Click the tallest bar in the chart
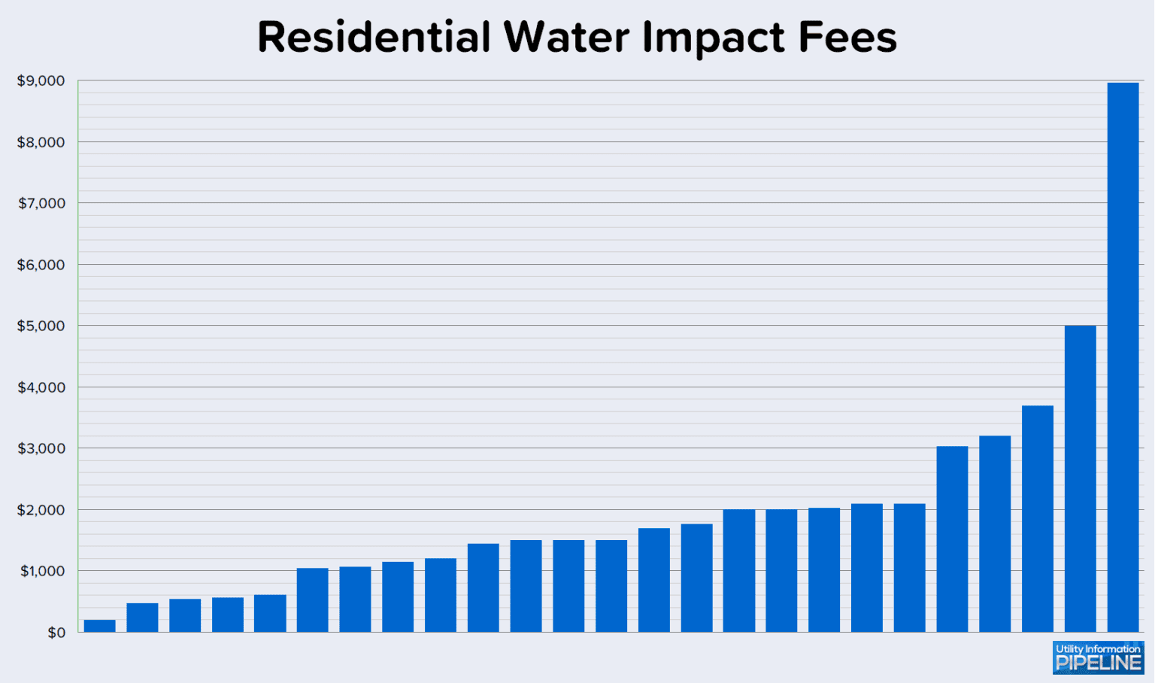(x=1123, y=357)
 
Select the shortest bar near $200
(x=99, y=626)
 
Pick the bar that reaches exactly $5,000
(x=1080, y=478)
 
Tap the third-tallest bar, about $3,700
(x=1037, y=519)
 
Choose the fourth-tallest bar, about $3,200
(x=995, y=534)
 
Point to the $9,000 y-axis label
(x=41, y=81)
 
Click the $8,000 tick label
(x=41, y=142)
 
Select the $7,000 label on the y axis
(x=41, y=203)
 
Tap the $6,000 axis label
(x=41, y=265)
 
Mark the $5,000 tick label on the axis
(x=41, y=326)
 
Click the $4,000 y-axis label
(x=41, y=387)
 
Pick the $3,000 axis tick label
(x=41, y=448)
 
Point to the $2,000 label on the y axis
(x=41, y=510)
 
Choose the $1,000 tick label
(x=42, y=571)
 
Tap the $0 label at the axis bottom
(x=56, y=633)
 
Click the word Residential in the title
(x=374, y=37)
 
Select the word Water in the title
(x=566, y=37)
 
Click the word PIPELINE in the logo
(x=1099, y=663)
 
